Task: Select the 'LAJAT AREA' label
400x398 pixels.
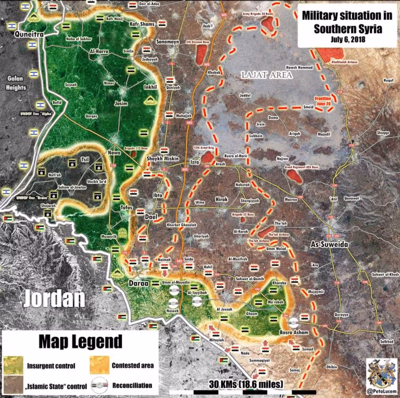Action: pos(267,76)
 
